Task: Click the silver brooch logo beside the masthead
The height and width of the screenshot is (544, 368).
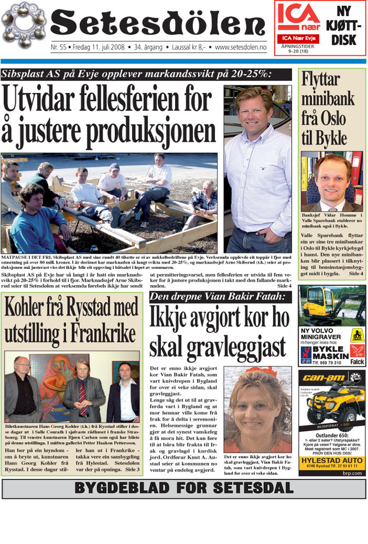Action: click(24, 25)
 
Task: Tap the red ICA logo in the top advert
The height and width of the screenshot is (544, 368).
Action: click(299, 17)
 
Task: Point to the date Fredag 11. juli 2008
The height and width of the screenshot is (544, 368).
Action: click(99, 47)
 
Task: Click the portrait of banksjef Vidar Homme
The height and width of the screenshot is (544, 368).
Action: click(332, 181)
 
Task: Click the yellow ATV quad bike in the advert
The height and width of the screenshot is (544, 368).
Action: click(332, 404)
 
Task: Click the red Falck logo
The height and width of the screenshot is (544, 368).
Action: click(357, 355)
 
